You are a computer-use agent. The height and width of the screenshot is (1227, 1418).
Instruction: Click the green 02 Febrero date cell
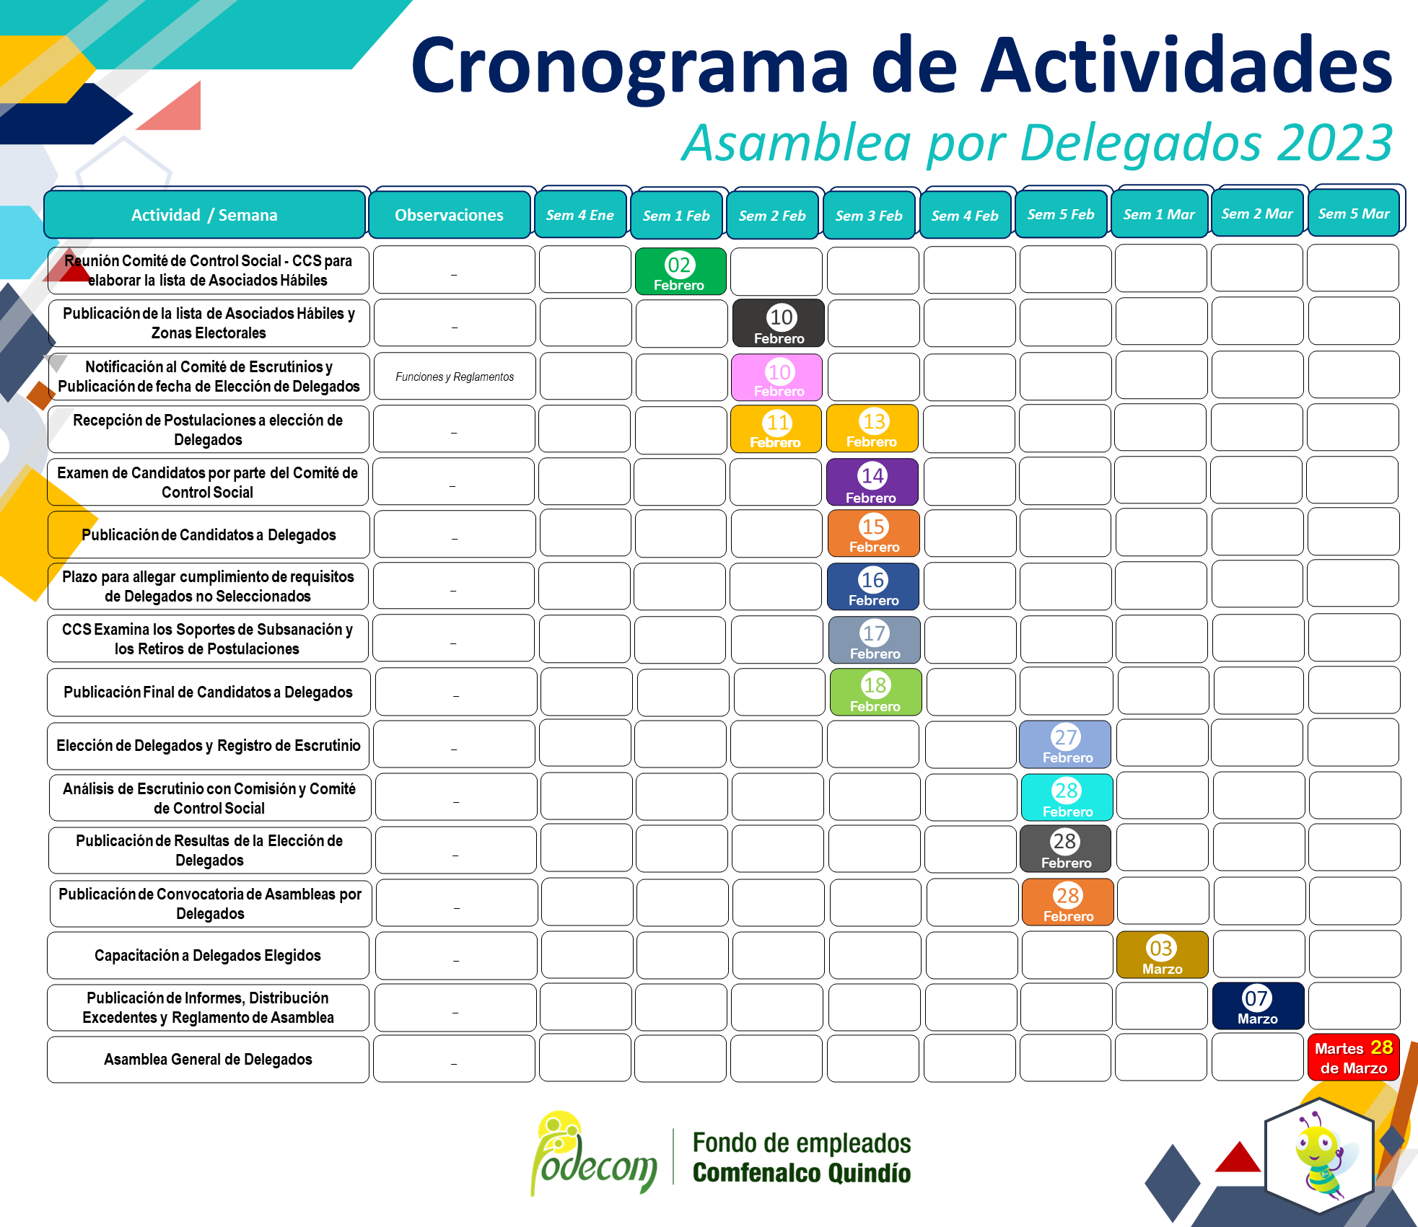point(680,271)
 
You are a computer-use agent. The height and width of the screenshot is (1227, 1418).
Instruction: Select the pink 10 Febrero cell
point(776,377)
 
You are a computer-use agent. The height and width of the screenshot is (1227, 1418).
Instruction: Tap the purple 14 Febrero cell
point(872,482)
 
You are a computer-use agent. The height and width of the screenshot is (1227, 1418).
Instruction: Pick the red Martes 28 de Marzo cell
point(1354,1057)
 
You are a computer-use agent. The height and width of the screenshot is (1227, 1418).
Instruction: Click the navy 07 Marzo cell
point(1258,1006)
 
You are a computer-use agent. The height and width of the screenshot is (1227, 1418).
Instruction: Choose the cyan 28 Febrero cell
point(1067,797)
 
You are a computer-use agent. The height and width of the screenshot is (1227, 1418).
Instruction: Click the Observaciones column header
point(450,215)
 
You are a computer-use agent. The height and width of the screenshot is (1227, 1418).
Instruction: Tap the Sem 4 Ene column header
point(580,215)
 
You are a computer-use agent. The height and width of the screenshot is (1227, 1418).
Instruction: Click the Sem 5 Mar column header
point(1354,214)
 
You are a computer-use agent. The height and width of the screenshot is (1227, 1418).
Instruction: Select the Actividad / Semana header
point(204,215)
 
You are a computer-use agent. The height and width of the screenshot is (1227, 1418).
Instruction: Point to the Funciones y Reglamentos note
point(455,377)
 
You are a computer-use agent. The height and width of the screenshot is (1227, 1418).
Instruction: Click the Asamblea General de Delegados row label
point(208,1059)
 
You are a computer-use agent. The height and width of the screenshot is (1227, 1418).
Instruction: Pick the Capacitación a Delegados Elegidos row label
point(208,955)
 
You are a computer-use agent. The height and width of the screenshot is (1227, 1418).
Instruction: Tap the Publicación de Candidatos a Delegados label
point(209,535)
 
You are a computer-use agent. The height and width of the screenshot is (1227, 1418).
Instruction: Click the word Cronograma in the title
point(630,66)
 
